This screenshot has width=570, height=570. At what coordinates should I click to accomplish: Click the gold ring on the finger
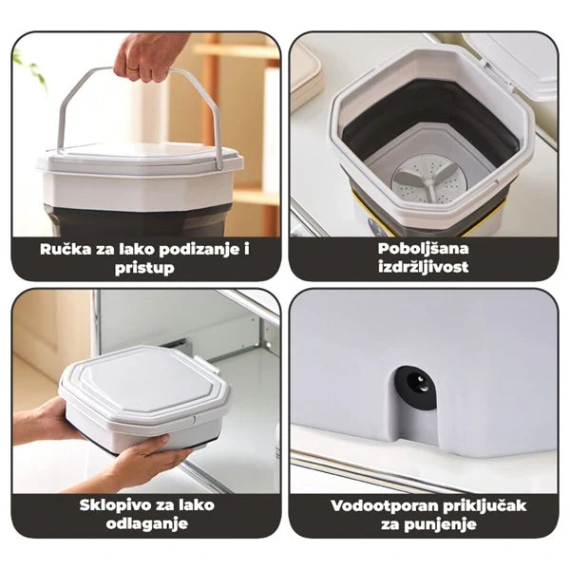tap(133, 69)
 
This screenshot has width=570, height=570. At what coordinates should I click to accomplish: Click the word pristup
tap(144, 268)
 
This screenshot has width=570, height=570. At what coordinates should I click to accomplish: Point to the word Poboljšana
tap(423, 249)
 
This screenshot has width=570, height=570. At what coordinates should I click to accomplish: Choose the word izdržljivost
tap(423, 267)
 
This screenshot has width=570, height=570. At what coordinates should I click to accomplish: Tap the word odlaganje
tap(147, 524)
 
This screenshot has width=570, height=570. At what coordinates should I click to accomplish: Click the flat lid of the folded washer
tap(144, 384)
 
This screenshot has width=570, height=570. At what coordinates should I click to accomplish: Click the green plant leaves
tap(29, 69)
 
